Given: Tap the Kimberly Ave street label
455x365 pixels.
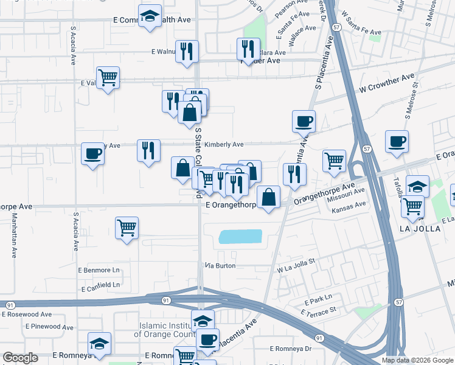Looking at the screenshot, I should click(x=223, y=145).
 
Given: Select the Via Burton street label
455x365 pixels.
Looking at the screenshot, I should click(x=220, y=266).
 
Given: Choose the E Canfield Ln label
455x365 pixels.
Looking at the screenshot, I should click(x=99, y=284).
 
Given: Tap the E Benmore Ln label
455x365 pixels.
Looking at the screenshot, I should click(x=99, y=269).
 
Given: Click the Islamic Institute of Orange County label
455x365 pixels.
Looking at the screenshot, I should click(x=165, y=330).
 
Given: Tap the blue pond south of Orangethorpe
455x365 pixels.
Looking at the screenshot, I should click(x=240, y=237).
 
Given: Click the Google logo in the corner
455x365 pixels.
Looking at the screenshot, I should click(x=20, y=358).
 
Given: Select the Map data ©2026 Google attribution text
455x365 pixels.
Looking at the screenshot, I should click(x=417, y=360).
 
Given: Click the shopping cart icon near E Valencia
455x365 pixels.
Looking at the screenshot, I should click(x=108, y=77).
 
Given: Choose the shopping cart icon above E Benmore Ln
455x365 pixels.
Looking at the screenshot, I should click(x=127, y=228).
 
